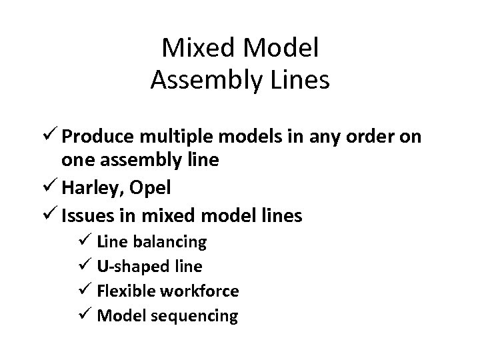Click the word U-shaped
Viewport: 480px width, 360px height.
coord(129,266)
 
